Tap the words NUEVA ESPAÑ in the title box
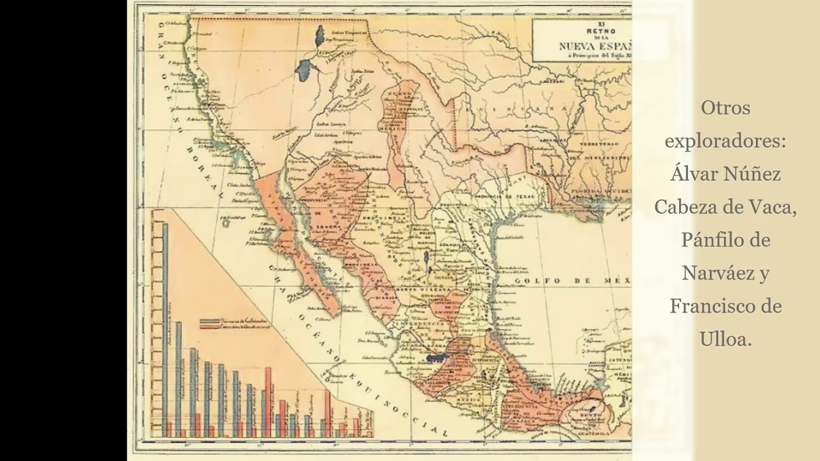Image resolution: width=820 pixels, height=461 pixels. coord(594,45)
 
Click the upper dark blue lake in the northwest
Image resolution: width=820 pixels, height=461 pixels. coord(318,36)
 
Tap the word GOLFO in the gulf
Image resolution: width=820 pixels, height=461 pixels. coord(533,280)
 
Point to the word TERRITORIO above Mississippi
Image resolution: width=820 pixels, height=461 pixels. coord(596,145)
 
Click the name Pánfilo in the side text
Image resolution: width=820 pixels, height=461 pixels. coord(707,240)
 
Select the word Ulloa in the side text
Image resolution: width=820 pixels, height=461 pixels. coord(726,340)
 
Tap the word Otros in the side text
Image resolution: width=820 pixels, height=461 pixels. coord(725,108)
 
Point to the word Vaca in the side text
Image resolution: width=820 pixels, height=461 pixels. coord(771,207)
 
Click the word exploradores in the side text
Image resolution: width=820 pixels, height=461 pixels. coord(725,140)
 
